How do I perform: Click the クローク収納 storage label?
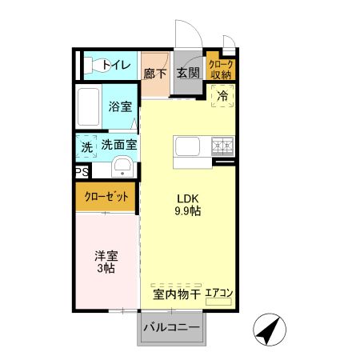pyautogui.click(x=220, y=69)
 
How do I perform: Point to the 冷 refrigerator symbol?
pyautogui.click(x=222, y=94)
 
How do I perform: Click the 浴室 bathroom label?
pyautogui.click(x=120, y=106)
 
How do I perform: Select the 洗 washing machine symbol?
pyautogui.click(x=86, y=146)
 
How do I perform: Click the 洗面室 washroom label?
pyautogui.click(x=118, y=146)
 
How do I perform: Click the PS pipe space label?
pyautogui.click(x=82, y=172)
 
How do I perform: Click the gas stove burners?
pyautogui.click(x=222, y=146)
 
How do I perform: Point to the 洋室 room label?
pyautogui.click(x=106, y=256)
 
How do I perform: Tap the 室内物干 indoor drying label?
pyautogui.click(x=176, y=294)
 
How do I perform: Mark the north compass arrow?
pyautogui.click(x=271, y=329)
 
